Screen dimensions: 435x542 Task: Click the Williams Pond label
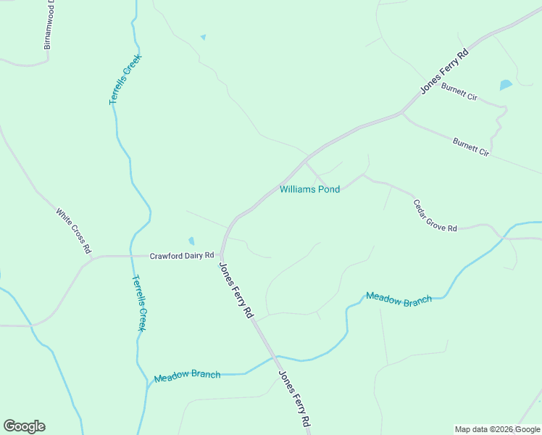[x=309, y=190]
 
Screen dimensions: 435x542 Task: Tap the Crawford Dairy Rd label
[x=182, y=256]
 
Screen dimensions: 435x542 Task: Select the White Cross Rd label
[x=73, y=231]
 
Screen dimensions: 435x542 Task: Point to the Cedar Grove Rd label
[x=435, y=216]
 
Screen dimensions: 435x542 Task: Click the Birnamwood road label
[x=49, y=26]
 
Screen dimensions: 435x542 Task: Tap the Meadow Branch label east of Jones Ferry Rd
[x=399, y=298]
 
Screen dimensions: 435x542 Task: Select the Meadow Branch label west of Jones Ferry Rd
[x=187, y=376]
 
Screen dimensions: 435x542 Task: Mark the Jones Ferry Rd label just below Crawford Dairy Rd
[x=236, y=289]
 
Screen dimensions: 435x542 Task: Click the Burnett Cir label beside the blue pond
[x=459, y=91]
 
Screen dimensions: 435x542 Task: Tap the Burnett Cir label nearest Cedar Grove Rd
[x=471, y=147]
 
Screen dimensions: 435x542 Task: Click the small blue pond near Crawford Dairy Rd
[x=191, y=241]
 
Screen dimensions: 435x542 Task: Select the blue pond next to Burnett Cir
[x=506, y=85]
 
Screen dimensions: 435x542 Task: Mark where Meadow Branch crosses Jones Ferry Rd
[x=275, y=357]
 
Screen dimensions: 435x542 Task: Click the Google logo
[x=24, y=426]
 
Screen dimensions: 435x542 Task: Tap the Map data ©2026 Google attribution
[x=498, y=429]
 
